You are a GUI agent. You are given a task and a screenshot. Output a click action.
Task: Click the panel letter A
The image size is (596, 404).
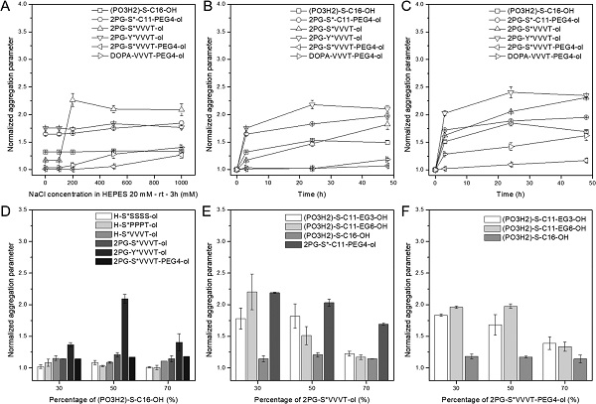click(7, 8)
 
